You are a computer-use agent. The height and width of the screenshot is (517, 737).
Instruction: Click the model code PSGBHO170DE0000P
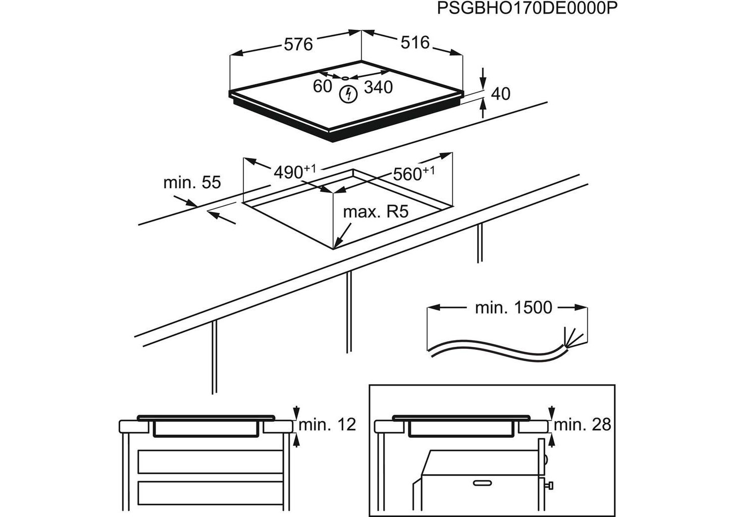(x=528, y=9)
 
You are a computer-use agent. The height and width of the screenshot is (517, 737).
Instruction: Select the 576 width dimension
(x=298, y=44)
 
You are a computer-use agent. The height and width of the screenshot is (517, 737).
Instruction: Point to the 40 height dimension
(x=500, y=93)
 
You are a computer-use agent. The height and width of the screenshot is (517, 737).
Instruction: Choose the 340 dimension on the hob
(x=378, y=87)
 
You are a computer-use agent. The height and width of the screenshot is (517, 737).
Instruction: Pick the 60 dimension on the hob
(x=322, y=86)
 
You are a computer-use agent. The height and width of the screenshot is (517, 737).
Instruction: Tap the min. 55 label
(x=192, y=182)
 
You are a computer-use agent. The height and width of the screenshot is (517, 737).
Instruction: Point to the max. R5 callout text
(x=375, y=212)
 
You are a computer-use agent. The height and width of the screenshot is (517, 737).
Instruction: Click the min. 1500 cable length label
(x=513, y=307)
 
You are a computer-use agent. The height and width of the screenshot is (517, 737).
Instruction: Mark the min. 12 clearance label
(x=327, y=425)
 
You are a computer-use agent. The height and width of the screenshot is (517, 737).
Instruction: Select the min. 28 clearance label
(x=582, y=425)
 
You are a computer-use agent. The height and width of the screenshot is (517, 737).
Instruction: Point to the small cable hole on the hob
(x=345, y=78)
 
